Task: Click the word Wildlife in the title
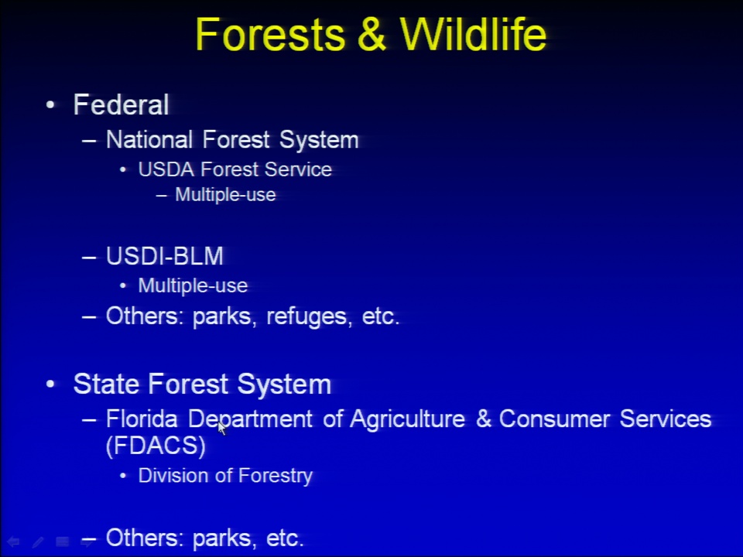tap(473, 34)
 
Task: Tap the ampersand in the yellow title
tap(372, 35)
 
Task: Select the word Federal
tap(122, 104)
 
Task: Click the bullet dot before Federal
tap(51, 104)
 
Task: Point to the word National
tap(149, 139)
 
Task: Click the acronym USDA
tap(166, 169)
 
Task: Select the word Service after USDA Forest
tap(298, 169)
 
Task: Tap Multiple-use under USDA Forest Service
tap(225, 195)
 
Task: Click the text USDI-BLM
tap(164, 256)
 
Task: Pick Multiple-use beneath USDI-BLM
tap(193, 285)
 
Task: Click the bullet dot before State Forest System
tap(51, 384)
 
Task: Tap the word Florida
tap(142, 419)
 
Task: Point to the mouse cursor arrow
tap(222, 428)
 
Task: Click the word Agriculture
tap(408, 419)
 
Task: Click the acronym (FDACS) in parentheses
tap(156, 446)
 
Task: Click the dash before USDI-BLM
tap(89, 258)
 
